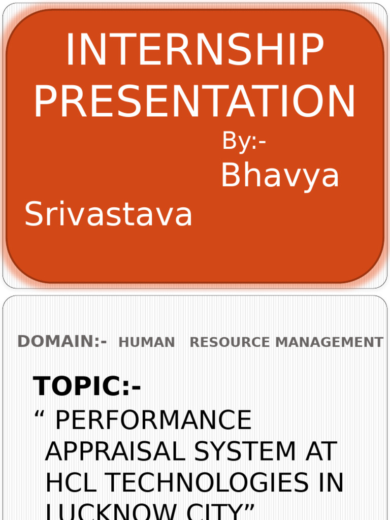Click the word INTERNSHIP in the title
[x=195, y=51]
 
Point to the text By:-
[x=244, y=142]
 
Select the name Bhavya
[x=280, y=176]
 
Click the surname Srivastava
[x=109, y=214]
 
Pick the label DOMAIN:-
[x=62, y=342]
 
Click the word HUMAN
[x=147, y=343]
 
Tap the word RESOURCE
[x=230, y=343]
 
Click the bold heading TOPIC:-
[x=87, y=387]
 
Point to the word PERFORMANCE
[x=153, y=420]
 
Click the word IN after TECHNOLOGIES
[x=330, y=482]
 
